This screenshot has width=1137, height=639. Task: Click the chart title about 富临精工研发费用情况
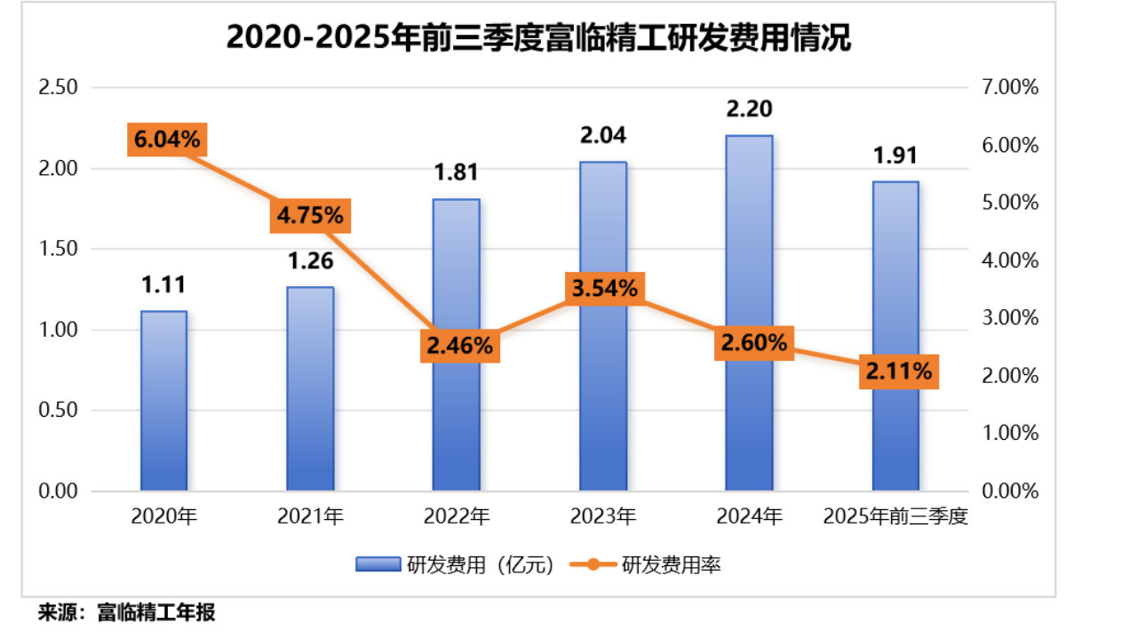pyautogui.click(x=538, y=39)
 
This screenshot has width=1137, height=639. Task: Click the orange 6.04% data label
pyautogui.click(x=167, y=140)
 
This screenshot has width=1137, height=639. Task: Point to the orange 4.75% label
pyautogui.click(x=310, y=216)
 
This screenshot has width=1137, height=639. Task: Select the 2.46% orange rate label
pyautogui.click(x=458, y=346)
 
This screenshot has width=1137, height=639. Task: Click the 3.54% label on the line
pyautogui.click(x=604, y=288)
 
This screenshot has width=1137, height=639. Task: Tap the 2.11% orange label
pyautogui.click(x=898, y=371)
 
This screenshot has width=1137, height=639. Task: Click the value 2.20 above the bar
pyautogui.click(x=749, y=109)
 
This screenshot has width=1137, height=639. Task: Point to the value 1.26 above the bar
pyautogui.click(x=309, y=261)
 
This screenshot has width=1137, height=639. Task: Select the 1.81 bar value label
pyautogui.click(x=457, y=172)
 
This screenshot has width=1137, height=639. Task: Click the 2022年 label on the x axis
pyautogui.click(x=457, y=515)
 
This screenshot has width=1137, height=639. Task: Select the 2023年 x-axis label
pyautogui.click(x=603, y=515)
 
